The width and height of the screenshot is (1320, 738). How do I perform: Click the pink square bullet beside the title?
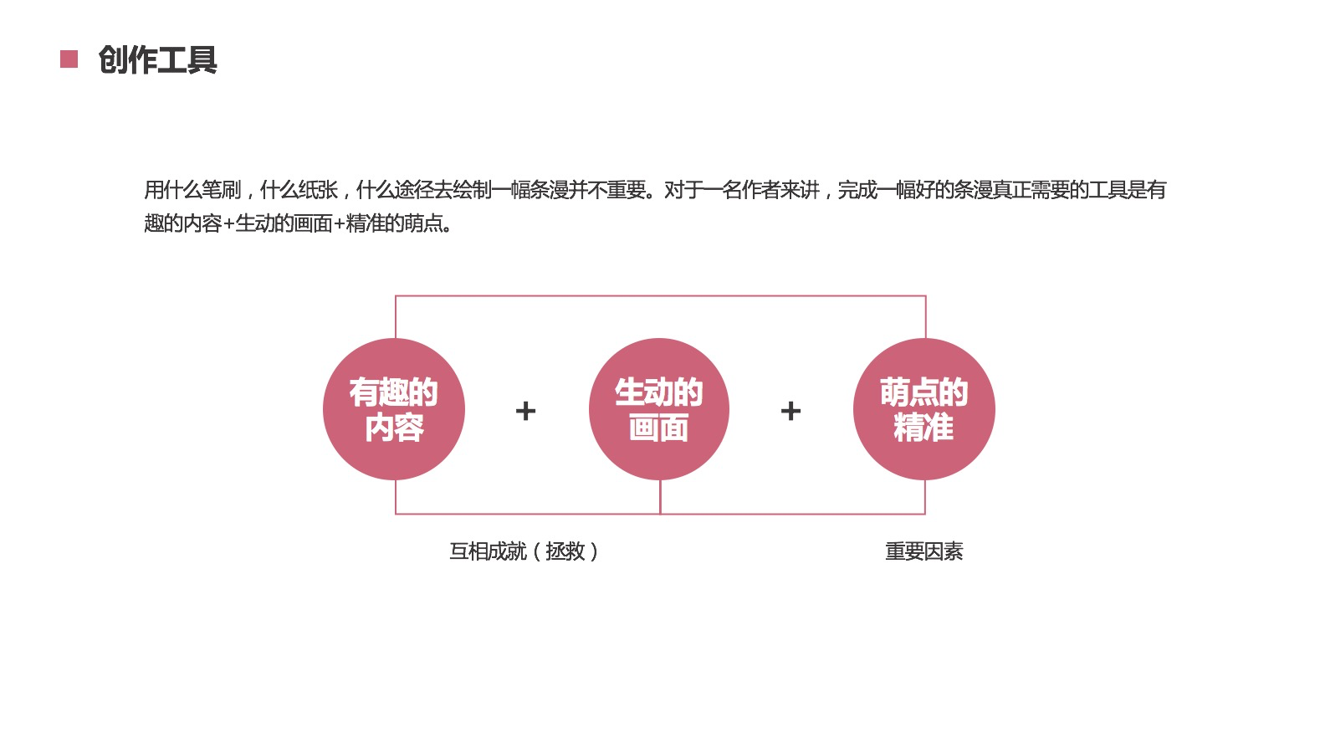(69, 59)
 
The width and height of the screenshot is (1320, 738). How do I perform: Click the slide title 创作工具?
(157, 60)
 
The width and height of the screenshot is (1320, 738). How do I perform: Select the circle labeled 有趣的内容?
(394, 409)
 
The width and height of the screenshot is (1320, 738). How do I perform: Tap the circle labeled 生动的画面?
(659, 409)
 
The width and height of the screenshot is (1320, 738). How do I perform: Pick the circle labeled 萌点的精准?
(924, 409)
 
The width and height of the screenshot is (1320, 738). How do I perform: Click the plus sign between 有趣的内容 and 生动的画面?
(525, 411)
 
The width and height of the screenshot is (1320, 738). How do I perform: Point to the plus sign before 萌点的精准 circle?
(790, 411)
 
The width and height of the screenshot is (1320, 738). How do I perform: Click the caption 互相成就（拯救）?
(524, 551)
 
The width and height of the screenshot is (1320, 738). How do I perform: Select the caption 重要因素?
(924, 551)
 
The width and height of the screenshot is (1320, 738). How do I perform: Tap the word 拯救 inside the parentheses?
(565, 551)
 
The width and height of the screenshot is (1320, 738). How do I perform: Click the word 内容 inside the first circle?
(394, 428)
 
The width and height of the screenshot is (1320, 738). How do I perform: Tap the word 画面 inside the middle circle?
(659, 428)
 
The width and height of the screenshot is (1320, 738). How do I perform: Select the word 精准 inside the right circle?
(923, 428)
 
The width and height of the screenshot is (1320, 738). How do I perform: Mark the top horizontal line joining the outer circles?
(660, 296)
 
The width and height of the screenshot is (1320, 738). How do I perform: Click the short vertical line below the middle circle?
(660, 497)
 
